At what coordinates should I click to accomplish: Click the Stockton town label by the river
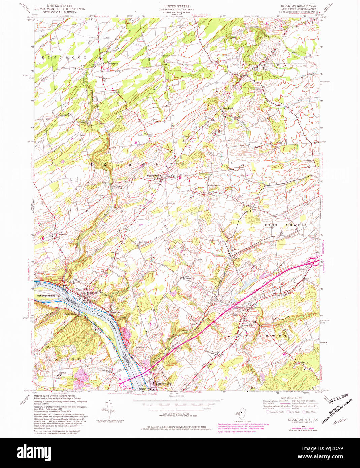tap(92, 293)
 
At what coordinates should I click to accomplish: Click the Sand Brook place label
tap(227, 108)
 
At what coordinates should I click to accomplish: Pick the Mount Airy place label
tap(247, 326)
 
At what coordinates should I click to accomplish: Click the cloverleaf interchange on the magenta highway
tap(313, 261)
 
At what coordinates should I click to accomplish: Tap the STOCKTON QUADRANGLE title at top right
tap(298, 6)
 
